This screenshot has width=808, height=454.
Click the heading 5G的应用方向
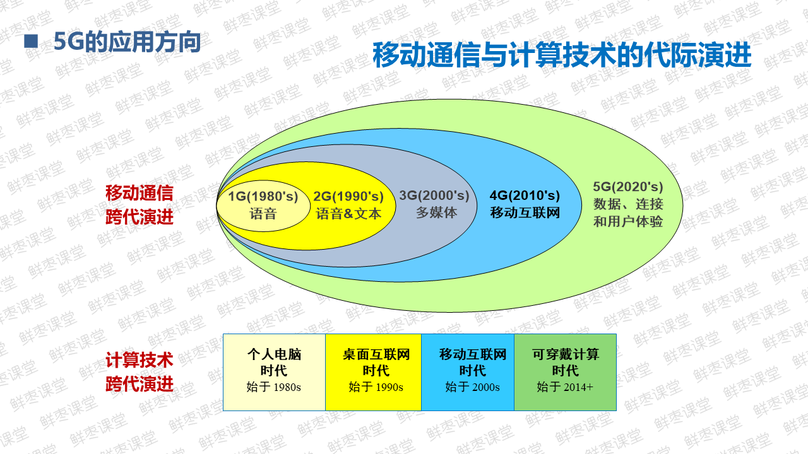(127, 42)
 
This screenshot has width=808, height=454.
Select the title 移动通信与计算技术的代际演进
(561, 55)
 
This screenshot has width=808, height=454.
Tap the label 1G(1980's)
(263, 196)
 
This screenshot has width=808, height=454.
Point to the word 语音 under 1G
(263, 213)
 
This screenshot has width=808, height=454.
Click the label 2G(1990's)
(348, 196)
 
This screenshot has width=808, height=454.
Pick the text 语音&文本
(348, 213)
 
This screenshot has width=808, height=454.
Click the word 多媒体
(436, 212)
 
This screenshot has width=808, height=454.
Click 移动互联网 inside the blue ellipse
(525, 212)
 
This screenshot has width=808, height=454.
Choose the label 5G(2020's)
(628, 187)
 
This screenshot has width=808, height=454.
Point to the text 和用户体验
(628, 221)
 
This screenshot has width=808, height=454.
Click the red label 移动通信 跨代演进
(139, 205)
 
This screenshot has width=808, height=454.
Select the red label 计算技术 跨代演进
(139, 372)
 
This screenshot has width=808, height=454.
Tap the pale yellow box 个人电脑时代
(274, 372)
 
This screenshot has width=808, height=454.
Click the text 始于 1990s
(376, 387)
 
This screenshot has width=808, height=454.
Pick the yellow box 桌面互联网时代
(376, 362)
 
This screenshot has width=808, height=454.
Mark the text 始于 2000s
(472, 387)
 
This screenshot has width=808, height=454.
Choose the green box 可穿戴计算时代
(565, 372)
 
